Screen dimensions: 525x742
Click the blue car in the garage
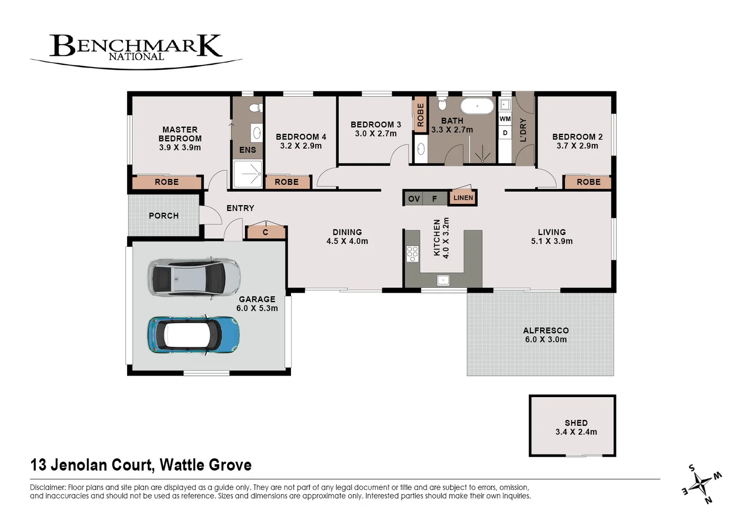point(193,335)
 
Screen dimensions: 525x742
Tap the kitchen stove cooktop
point(412,254)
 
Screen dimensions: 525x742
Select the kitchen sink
point(443,280)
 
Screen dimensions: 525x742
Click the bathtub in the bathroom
point(477,105)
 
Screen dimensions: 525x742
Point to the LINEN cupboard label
point(463,197)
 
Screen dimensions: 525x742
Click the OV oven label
point(414,198)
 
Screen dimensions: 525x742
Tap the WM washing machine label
point(505,119)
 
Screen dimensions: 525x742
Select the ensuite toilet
point(254,107)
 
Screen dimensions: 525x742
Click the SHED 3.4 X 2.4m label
point(576,427)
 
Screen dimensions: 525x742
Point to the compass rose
point(702,484)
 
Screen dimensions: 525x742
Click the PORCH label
point(163,215)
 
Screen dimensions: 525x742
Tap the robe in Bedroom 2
point(588,182)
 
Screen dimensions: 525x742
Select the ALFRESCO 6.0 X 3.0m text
point(546,335)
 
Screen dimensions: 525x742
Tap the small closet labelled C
point(265,232)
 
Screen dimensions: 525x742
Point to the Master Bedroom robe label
point(166,182)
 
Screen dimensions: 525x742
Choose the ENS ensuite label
point(247,150)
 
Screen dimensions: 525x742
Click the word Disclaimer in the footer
point(48,487)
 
